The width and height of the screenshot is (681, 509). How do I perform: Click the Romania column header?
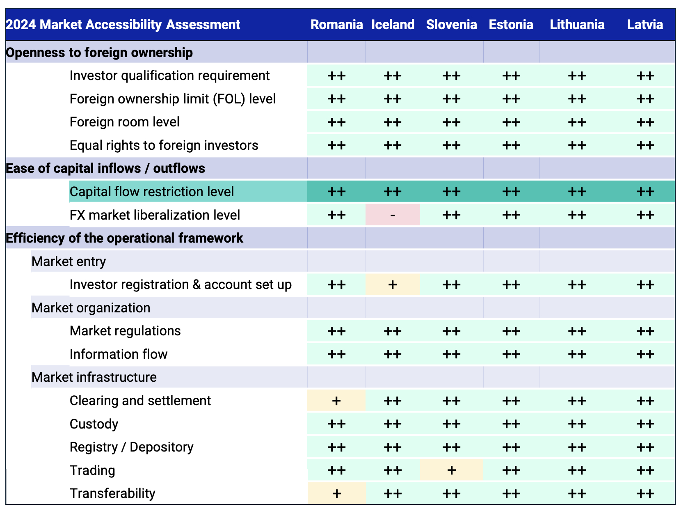click(x=336, y=25)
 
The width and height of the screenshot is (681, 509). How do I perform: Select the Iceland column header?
click(x=393, y=25)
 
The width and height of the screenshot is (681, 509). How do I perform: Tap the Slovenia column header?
click(x=451, y=25)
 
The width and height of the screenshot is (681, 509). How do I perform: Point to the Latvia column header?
click(x=645, y=25)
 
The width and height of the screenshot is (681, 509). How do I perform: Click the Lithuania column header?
click(x=577, y=25)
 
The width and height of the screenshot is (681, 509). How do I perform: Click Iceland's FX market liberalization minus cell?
click(x=393, y=215)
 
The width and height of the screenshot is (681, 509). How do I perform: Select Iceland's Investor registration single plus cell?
click(x=393, y=284)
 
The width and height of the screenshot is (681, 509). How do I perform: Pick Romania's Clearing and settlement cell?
click(x=336, y=400)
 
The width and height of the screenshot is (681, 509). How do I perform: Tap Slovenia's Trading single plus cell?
click(x=451, y=470)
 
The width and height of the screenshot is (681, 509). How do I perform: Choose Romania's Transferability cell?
click(x=336, y=493)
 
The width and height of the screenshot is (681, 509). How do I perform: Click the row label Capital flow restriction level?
click(x=151, y=192)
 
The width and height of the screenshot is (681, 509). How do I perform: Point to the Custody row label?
click(x=94, y=424)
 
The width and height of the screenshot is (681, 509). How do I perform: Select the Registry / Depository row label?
click(x=131, y=447)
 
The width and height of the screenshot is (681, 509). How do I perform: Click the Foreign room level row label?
click(x=124, y=122)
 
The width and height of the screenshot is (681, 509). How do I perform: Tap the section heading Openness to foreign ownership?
click(x=99, y=52)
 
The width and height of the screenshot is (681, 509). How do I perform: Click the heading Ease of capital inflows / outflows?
click(x=105, y=168)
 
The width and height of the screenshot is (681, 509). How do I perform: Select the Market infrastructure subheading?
click(x=94, y=377)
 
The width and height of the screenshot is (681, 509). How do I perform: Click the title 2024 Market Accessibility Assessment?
click(x=123, y=25)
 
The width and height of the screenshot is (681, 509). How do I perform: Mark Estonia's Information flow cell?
click(x=511, y=354)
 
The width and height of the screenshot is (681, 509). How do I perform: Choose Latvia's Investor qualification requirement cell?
click(x=645, y=76)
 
